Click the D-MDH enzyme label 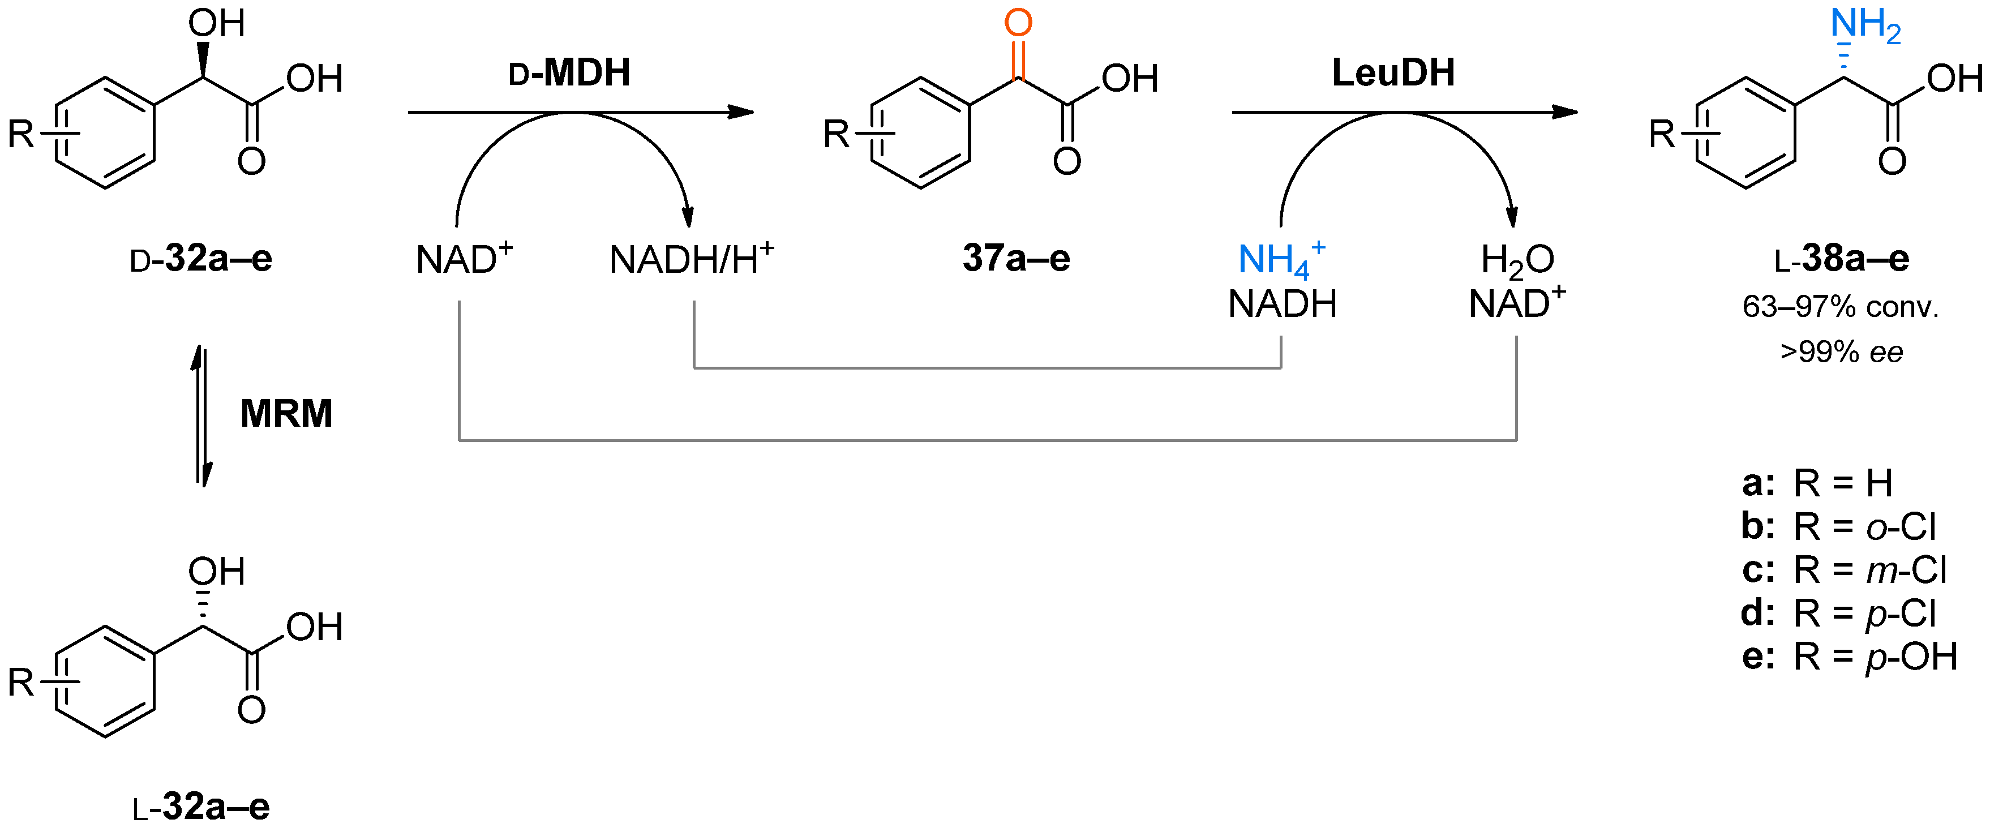pos(569,74)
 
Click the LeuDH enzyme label pos(1393,74)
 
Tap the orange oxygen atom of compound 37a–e pos(1018,23)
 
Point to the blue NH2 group pos(1864,25)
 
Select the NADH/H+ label pos(691,260)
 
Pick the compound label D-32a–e pos(201,260)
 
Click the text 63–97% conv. pos(1841,307)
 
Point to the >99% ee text pos(1841,352)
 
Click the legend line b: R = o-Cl pos(1838,527)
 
